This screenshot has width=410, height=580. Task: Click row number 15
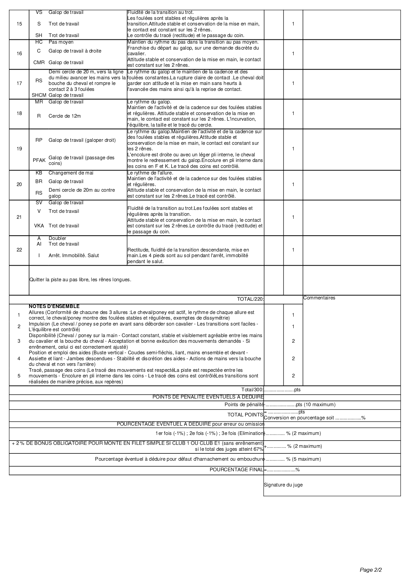19,24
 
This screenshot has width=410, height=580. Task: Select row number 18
19,113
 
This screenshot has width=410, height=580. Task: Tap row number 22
19,250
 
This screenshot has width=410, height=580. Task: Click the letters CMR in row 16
39,62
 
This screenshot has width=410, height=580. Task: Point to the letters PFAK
39,160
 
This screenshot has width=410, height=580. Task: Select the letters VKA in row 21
39,226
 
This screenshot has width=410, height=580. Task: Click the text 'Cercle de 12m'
64,116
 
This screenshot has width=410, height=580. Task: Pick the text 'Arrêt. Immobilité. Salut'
73,255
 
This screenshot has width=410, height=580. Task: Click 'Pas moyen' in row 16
61,42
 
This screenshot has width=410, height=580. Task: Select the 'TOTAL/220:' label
250,299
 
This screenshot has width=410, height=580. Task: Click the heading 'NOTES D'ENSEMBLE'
54,306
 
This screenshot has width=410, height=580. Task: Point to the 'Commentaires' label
319,298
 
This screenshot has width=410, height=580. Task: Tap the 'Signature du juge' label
283,485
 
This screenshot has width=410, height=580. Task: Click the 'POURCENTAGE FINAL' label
236,470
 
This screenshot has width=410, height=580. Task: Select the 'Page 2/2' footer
371,570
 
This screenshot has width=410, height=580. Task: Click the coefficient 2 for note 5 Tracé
293,376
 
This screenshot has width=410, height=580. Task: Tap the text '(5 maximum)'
307,459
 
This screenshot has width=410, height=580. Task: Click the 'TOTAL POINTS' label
245,415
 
